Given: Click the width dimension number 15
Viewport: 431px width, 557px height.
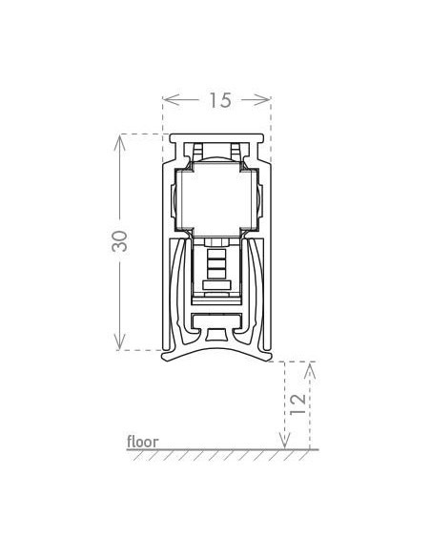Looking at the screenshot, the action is point(220,100).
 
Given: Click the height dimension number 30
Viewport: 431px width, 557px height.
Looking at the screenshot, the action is point(119,241).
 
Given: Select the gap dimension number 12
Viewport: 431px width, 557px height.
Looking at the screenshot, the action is point(298,403).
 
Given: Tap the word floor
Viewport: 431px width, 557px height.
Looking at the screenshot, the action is point(143,442).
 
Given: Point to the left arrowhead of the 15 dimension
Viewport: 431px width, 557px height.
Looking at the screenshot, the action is point(170,100).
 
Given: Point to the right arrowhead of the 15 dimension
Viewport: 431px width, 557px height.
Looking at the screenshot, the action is point(264,100).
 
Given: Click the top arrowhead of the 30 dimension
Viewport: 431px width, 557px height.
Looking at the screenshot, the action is point(119,141).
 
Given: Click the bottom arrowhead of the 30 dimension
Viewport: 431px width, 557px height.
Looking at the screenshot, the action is point(119,342).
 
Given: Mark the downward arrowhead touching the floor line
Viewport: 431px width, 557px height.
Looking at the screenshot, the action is point(284,442).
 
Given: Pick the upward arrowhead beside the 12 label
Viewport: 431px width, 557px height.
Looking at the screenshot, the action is point(310,370).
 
